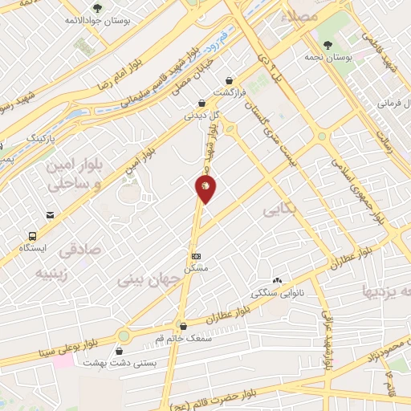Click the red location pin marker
[205, 189]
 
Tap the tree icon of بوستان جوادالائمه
[97, 8]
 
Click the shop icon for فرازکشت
[231, 80]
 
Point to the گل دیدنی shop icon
[203, 103]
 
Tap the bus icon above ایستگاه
[32, 236]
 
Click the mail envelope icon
[51, 216]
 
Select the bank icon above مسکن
[196, 257]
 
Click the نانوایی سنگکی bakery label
[277, 293]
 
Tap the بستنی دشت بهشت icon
[120, 351]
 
